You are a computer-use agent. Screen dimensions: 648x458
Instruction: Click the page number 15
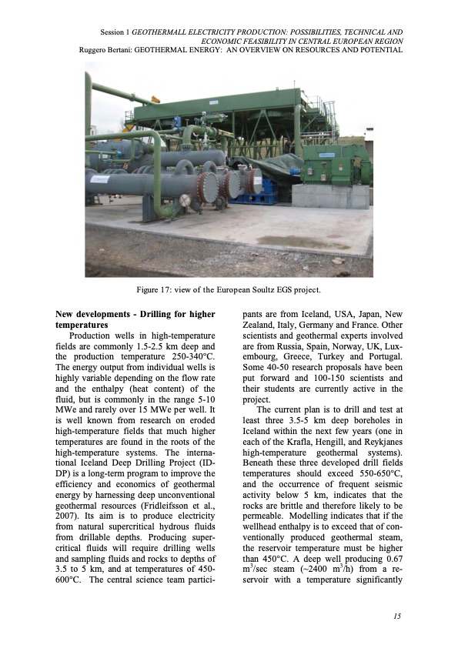(397, 616)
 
